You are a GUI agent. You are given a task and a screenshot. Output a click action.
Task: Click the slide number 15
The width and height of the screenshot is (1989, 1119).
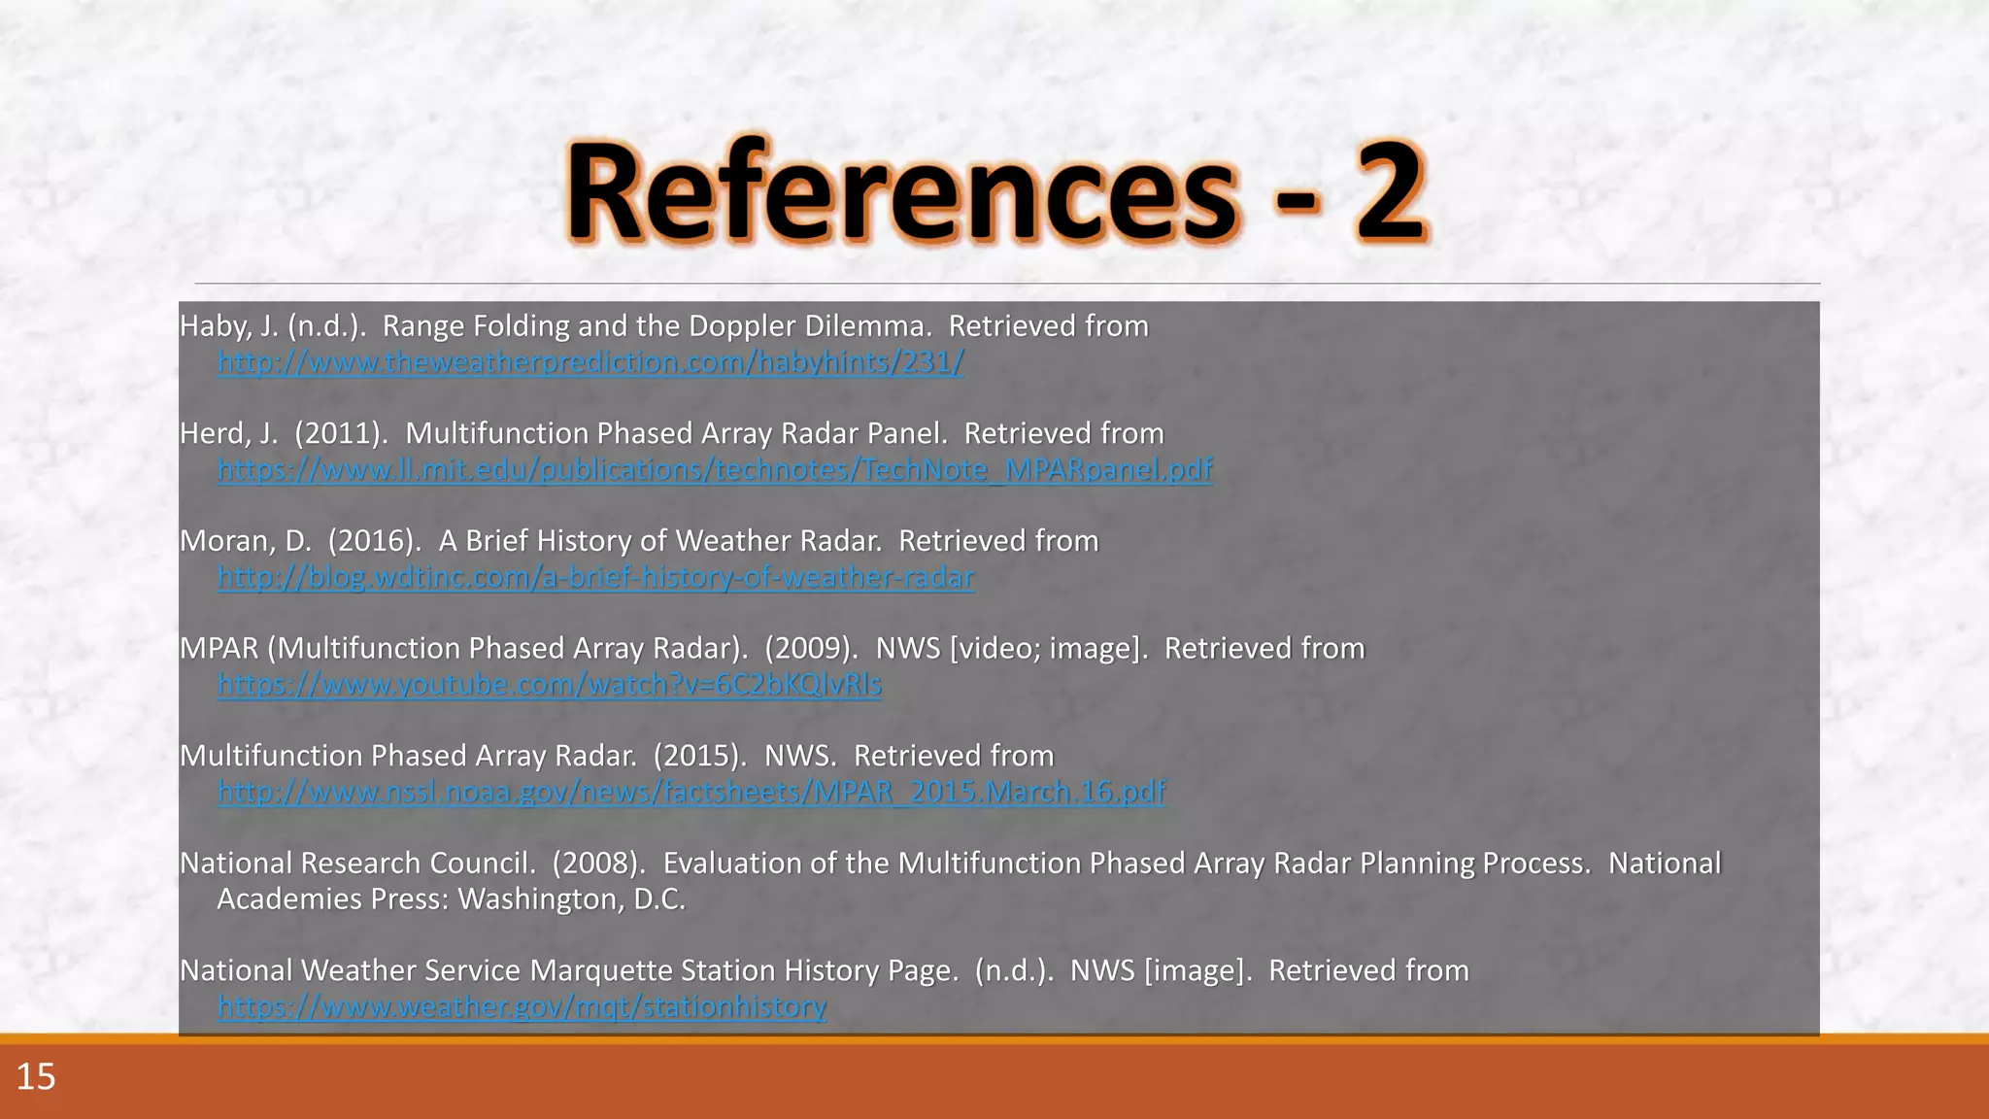(36, 1077)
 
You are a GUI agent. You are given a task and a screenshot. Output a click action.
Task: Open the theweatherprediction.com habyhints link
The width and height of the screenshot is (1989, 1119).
(590, 362)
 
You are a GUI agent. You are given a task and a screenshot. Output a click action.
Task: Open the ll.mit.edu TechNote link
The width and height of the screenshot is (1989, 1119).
(715, 470)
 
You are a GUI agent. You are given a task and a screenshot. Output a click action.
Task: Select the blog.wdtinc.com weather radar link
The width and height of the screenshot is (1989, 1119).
(595, 578)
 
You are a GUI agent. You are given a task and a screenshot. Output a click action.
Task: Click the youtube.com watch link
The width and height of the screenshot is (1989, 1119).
(550, 685)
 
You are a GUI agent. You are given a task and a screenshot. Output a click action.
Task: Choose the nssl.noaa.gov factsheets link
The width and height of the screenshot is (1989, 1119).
(691, 793)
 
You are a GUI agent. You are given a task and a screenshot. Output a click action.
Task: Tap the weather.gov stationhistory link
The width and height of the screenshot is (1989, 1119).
(522, 1007)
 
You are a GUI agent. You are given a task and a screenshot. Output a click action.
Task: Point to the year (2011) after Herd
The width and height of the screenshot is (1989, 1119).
(341, 434)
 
